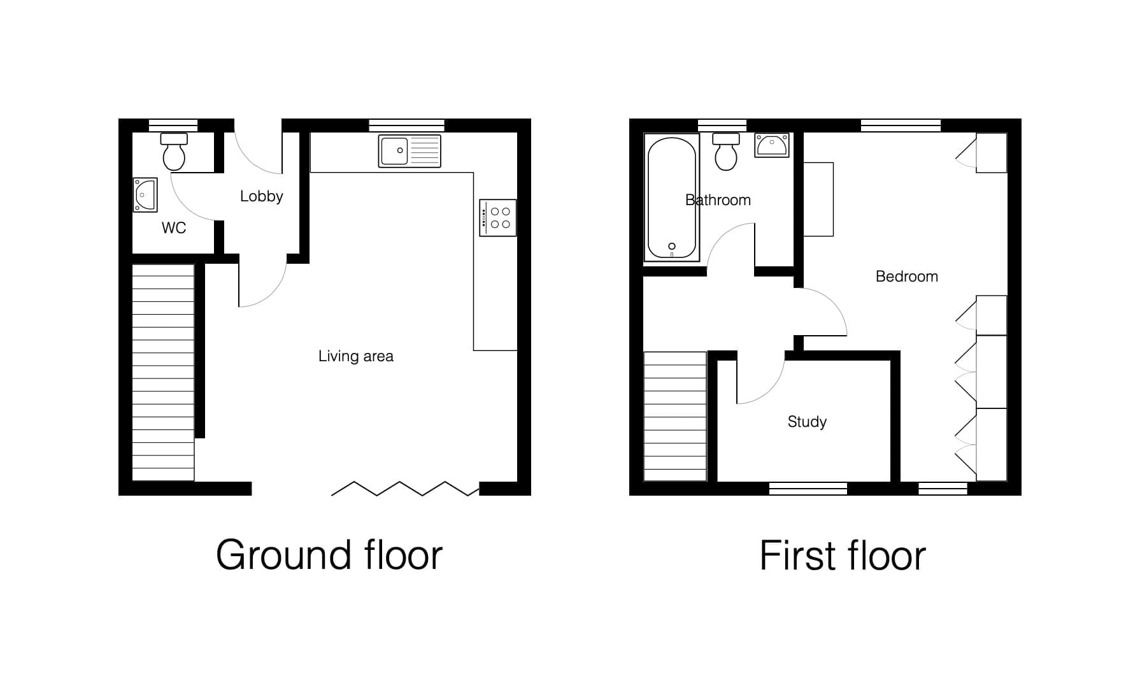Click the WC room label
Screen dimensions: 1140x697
(x=174, y=228)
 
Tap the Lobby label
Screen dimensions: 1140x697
(x=261, y=196)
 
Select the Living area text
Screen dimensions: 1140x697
(x=356, y=356)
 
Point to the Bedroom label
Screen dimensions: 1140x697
(x=907, y=277)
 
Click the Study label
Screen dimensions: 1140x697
(x=807, y=422)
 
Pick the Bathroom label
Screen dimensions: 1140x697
(x=718, y=200)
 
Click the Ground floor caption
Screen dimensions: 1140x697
(x=329, y=555)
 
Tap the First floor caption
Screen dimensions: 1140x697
(x=843, y=556)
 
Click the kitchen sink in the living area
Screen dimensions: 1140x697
(x=410, y=151)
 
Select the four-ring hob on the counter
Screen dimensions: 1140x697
(x=497, y=218)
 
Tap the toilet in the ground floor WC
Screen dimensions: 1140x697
(x=174, y=152)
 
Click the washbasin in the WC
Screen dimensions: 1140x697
(x=145, y=194)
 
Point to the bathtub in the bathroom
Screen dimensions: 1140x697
(x=672, y=198)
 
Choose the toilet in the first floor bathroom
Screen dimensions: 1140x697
(x=726, y=152)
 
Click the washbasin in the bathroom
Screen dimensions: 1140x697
(x=772, y=145)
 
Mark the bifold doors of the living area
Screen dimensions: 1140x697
(x=405, y=489)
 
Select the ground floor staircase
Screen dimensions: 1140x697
(x=163, y=373)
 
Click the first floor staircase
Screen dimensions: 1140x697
(x=675, y=416)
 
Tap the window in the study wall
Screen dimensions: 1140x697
(x=808, y=489)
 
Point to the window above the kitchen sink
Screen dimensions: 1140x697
(x=406, y=126)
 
